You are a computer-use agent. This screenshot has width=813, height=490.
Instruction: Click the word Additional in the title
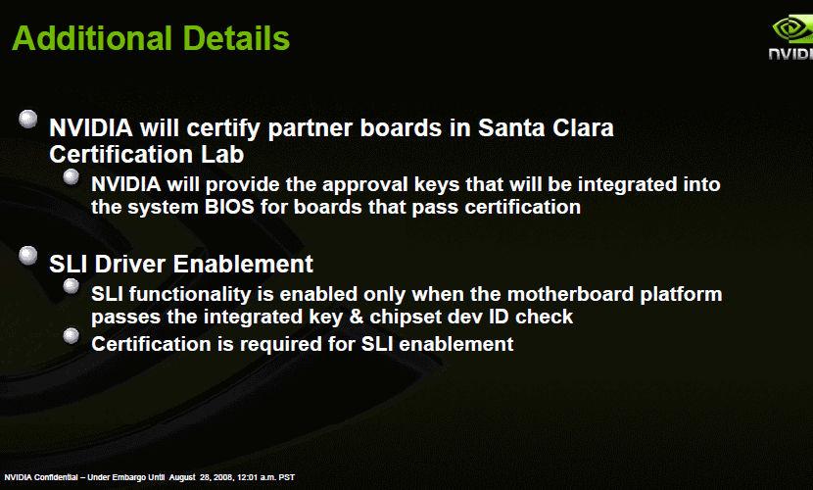(92, 38)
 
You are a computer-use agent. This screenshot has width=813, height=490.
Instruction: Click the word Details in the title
(236, 38)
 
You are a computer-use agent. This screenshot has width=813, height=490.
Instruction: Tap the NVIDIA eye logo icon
(792, 29)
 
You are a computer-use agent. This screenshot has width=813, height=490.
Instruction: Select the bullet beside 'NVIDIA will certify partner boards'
(28, 119)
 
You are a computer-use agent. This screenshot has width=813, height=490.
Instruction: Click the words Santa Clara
(546, 127)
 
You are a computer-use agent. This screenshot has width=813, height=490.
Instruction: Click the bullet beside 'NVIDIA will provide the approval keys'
(72, 176)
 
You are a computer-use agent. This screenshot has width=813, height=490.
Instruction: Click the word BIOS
(229, 207)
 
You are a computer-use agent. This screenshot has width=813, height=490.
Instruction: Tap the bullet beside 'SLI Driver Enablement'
(28, 255)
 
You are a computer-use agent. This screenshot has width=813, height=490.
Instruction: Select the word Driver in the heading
(130, 264)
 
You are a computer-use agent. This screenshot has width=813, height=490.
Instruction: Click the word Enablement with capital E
(243, 264)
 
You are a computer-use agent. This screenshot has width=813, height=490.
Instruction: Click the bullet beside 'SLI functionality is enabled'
(72, 286)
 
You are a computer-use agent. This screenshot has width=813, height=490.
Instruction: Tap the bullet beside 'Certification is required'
(72, 335)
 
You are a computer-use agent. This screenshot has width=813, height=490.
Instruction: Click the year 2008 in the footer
(223, 477)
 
